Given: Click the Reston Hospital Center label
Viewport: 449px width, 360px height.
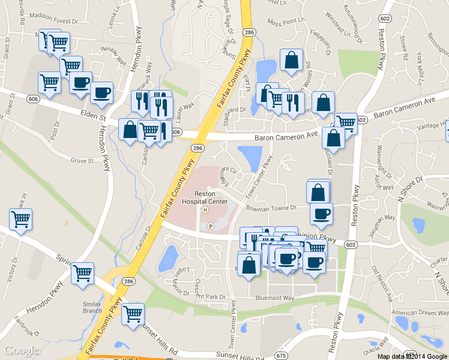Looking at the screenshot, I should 205,198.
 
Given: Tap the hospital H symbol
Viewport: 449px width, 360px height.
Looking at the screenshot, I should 205,210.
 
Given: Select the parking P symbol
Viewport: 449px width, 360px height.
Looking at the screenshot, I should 210,226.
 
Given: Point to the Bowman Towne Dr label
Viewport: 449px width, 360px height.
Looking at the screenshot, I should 272,208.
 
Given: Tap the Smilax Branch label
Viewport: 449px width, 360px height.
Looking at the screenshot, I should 92,307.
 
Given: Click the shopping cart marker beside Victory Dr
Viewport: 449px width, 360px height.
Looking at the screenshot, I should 21,220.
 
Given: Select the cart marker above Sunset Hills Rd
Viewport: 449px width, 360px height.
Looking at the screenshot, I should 133,314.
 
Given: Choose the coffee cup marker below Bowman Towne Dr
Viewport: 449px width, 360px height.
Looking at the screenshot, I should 321,214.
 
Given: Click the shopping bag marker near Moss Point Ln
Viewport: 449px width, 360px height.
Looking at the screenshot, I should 291,61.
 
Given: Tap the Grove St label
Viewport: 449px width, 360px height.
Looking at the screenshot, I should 82,161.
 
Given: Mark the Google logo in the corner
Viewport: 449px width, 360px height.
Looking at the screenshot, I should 22,350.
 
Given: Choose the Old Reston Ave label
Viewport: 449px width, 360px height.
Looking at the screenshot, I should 382,283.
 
